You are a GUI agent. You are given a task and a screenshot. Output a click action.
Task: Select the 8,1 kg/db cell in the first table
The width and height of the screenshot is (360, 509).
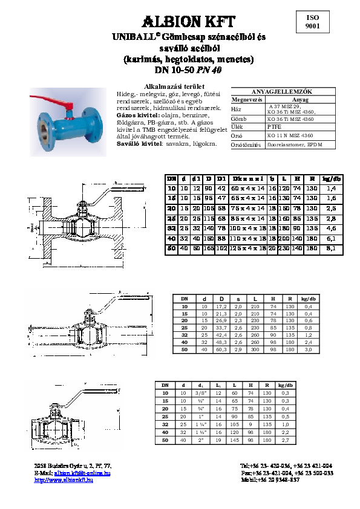click(330, 232)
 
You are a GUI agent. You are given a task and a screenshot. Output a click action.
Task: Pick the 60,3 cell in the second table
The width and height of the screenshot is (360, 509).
click(222, 349)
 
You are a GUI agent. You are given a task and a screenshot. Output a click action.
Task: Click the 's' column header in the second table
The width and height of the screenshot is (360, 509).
click(238, 297)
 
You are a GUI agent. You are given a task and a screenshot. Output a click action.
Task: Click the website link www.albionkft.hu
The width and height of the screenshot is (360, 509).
click(67, 479)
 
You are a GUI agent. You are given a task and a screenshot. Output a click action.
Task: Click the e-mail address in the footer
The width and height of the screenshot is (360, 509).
click(82, 473)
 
